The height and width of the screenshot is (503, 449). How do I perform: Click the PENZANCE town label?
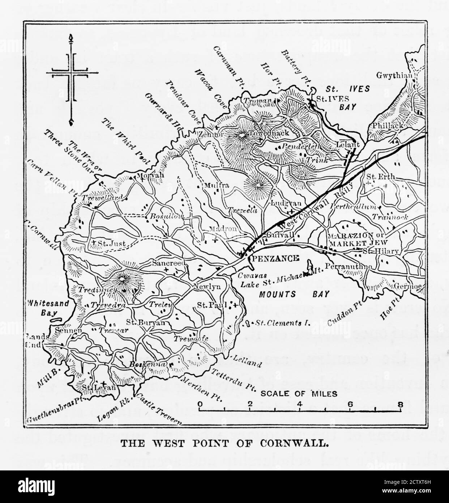point(275,258)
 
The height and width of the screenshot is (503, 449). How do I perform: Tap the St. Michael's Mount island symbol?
point(309,268)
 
